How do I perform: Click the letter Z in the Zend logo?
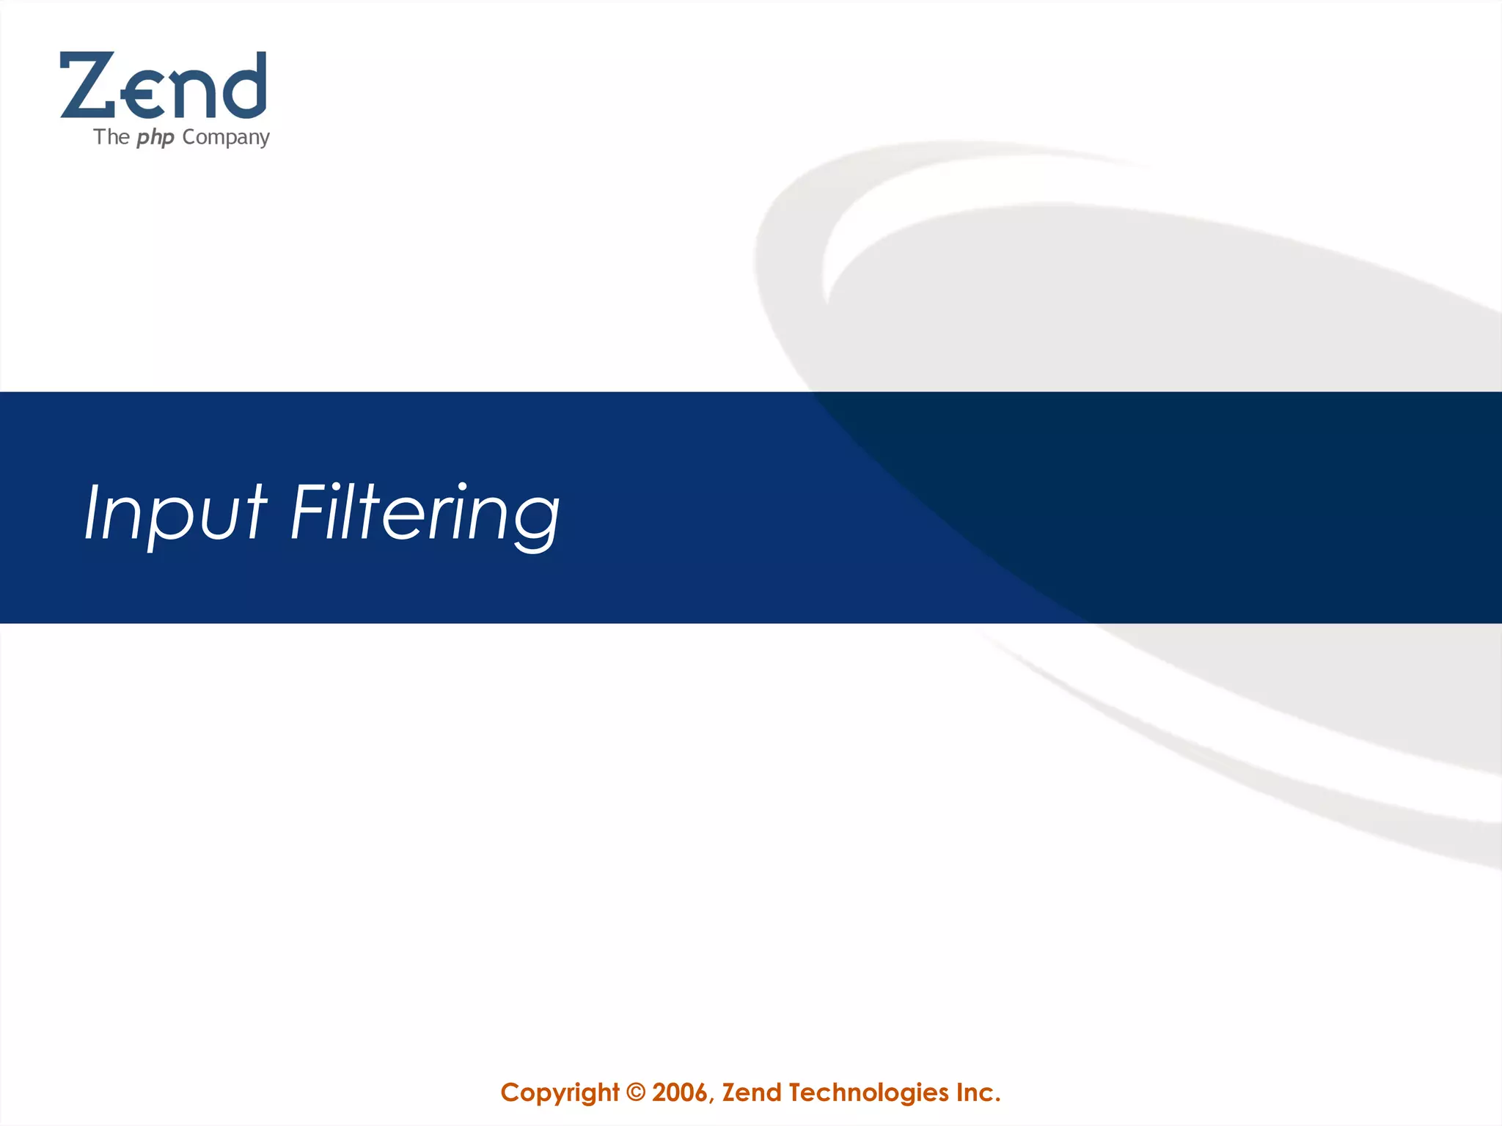(87, 85)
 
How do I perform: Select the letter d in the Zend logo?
(241, 87)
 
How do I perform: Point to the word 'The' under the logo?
(111, 137)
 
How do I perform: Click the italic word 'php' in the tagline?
(155, 138)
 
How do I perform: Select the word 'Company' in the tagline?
(226, 138)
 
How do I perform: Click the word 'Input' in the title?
(175, 512)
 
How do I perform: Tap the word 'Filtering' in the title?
(425, 512)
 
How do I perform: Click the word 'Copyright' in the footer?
(560, 1093)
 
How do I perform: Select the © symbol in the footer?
(636, 1093)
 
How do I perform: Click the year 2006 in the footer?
(679, 1093)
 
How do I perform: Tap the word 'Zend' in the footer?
(752, 1093)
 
